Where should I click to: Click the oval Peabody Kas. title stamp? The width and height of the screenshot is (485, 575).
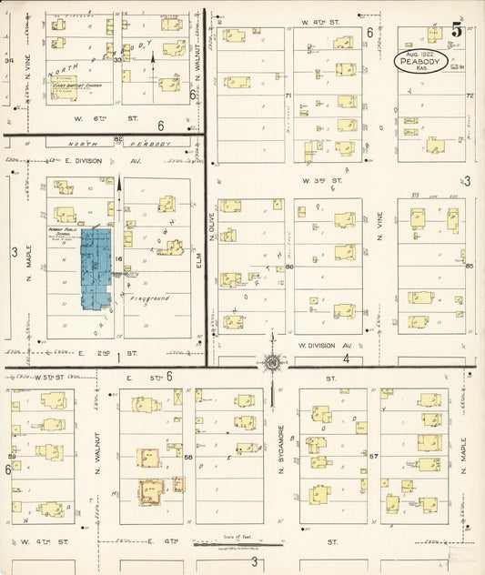click(421, 61)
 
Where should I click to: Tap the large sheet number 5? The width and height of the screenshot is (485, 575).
click(457, 30)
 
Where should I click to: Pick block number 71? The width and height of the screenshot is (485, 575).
click(288, 95)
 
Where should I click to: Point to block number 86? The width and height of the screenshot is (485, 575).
click(288, 267)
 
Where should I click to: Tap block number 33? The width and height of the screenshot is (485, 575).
click(118, 59)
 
